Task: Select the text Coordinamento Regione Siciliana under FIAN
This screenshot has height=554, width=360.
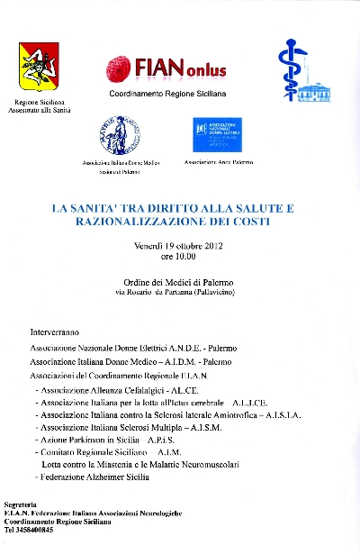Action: coord(167,94)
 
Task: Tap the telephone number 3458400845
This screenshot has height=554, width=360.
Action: coord(37,530)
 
